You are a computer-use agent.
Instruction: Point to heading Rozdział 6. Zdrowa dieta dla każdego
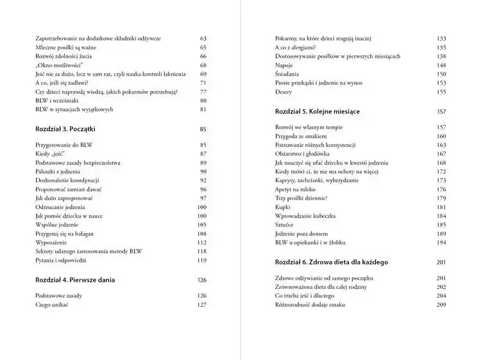(x=331, y=262)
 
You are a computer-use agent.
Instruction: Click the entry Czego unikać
(x=51, y=305)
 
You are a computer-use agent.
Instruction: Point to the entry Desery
(x=283, y=92)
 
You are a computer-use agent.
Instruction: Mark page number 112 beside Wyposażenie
(x=201, y=243)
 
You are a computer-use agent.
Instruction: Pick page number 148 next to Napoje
(x=441, y=65)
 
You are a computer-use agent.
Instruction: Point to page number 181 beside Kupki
(x=441, y=207)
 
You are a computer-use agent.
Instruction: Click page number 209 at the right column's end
(x=441, y=305)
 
